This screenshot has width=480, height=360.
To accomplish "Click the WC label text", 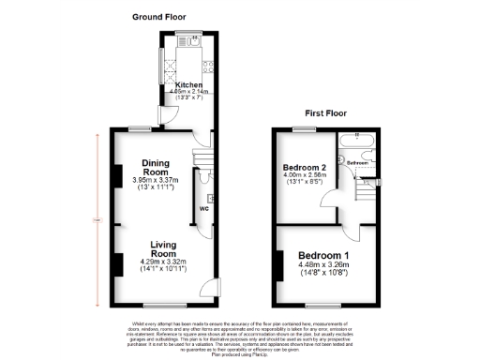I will [202, 208].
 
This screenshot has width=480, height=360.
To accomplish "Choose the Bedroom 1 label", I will [323, 256].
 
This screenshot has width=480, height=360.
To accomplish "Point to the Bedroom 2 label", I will [304, 167].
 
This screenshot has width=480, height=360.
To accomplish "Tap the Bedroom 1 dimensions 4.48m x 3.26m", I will [323, 269].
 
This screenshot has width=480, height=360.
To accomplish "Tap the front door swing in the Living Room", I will [212, 286].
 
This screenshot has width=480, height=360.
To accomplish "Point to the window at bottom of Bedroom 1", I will [323, 306].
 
